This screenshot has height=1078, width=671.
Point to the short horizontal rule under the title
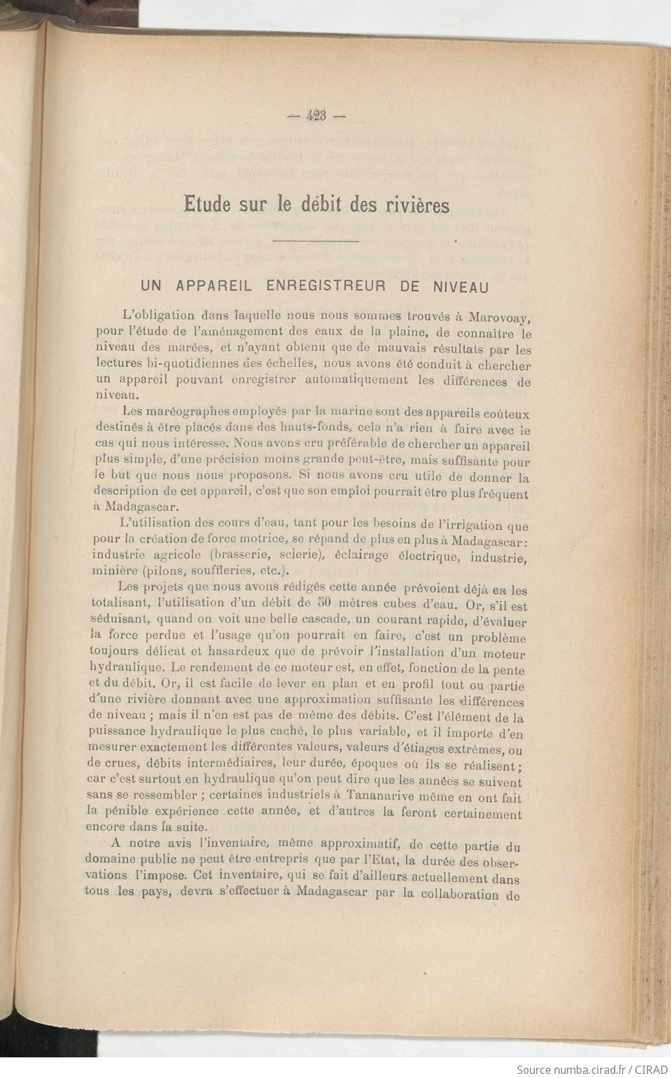coord(316,242)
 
